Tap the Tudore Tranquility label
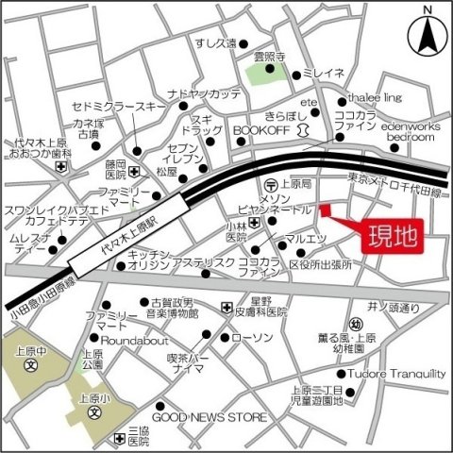pos(397,374)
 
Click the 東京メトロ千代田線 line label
pos(396,178)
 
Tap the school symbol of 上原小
pos(94,412)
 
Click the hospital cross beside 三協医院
pos(119,438)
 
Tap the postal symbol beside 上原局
pos(271,184)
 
